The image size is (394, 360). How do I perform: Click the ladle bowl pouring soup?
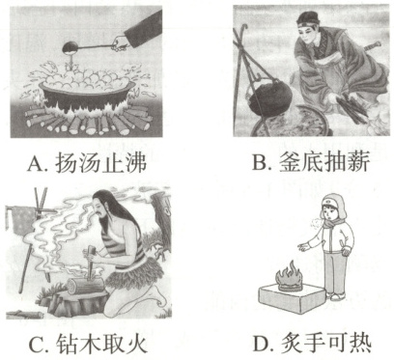(70, 48)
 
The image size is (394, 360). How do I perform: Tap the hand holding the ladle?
(120, 43)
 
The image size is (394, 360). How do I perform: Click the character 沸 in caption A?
(135, 162)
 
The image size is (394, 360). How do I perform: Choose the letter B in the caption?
(259, 163)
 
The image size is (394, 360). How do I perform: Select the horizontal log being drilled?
(85, 286)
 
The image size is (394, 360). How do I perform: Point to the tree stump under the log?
(74, 303)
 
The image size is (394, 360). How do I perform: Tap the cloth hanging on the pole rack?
(21, 220)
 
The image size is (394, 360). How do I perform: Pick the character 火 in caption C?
(137, 344)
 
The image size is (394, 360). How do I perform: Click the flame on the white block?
(287, 276)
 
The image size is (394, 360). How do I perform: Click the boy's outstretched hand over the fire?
(303, 247)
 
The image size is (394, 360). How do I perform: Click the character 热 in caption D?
(359, 344)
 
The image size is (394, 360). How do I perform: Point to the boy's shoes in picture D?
(336, 295)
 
